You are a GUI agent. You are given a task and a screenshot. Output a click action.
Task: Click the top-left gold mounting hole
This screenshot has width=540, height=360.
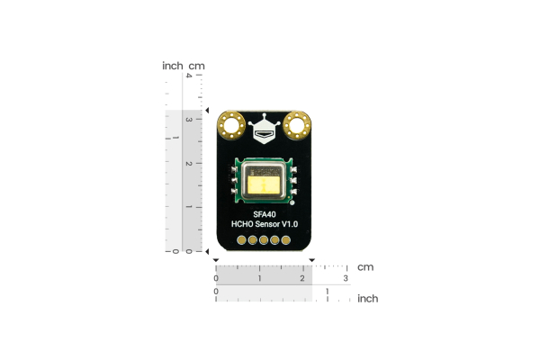tap(232, 125)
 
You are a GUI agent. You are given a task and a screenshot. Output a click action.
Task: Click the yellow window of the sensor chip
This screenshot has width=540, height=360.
tap(264, 184)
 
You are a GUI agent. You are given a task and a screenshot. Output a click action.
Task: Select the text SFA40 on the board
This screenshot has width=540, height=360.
tap(264, 213)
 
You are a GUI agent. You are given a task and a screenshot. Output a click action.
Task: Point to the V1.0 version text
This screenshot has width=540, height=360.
tap(290, 224)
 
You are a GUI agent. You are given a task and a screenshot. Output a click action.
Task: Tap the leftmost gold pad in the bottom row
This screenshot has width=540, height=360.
tap(242, 240)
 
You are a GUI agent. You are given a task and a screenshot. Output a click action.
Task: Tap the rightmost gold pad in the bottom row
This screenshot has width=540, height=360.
tap(285, 240)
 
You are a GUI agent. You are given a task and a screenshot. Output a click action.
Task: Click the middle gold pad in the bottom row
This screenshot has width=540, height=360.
tap(264, 240)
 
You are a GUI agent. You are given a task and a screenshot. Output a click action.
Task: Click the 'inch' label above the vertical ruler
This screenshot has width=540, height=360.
tap(172, 66)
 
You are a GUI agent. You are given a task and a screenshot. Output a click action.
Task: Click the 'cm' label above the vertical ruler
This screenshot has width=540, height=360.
tap(197, 66)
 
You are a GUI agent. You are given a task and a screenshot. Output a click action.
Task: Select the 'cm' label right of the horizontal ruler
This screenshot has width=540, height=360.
tap(365, 267)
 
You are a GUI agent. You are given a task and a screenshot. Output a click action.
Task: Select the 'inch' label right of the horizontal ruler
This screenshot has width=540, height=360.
tap(367, 298)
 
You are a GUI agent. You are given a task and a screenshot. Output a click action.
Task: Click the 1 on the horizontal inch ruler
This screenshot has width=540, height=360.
tap(327, 292)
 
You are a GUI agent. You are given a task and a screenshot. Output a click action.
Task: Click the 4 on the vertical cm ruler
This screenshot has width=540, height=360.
tap(187, 76)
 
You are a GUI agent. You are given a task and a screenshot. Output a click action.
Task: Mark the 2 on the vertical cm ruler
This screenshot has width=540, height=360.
tap(187, 164)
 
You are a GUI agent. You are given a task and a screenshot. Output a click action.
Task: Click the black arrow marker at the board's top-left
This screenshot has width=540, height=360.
tap(208, 112)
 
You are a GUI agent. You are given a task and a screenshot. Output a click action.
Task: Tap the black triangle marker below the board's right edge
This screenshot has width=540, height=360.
tap(311, 261)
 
